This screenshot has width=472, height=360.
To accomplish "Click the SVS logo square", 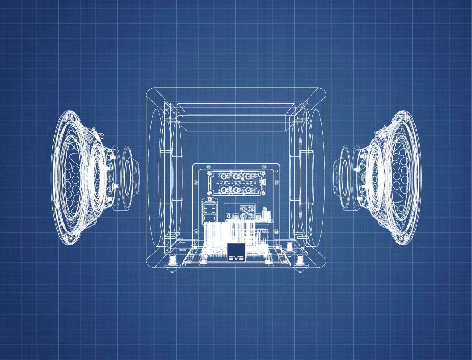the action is tap(236, 252).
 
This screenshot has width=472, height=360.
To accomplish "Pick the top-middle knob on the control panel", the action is tap(236, 177).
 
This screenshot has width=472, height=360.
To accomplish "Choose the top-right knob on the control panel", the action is tap(249, 177).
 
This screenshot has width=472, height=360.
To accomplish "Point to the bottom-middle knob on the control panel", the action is tap(236, 190).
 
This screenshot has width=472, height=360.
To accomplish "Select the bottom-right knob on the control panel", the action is tap(249, 190).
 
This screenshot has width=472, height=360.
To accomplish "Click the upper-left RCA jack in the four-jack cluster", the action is tap(243, 209).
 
